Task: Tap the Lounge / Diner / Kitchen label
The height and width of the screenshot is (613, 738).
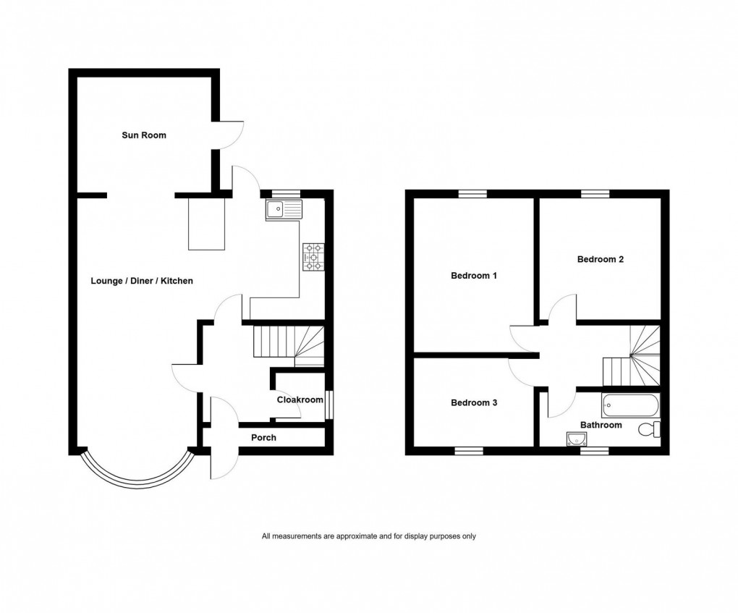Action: [x=142, y=280]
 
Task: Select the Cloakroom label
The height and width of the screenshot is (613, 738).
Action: [x=300, y=399]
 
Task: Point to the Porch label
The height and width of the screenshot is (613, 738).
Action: [x=263, y=437]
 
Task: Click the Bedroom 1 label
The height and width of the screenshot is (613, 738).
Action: [x=474, y=276]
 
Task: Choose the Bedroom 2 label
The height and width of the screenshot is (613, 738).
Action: [x=600, y=259]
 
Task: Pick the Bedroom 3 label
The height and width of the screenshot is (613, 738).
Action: [x=474, y=402]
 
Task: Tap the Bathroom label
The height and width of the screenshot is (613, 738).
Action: [x=601, y=425]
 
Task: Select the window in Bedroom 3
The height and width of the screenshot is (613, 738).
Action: [x=469, y=450]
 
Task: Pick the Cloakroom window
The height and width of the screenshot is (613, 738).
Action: [x=329, y=404]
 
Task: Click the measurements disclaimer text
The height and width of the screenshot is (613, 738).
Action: [x=368, y=536]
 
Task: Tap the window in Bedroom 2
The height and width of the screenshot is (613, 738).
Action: [x=595, y=193]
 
